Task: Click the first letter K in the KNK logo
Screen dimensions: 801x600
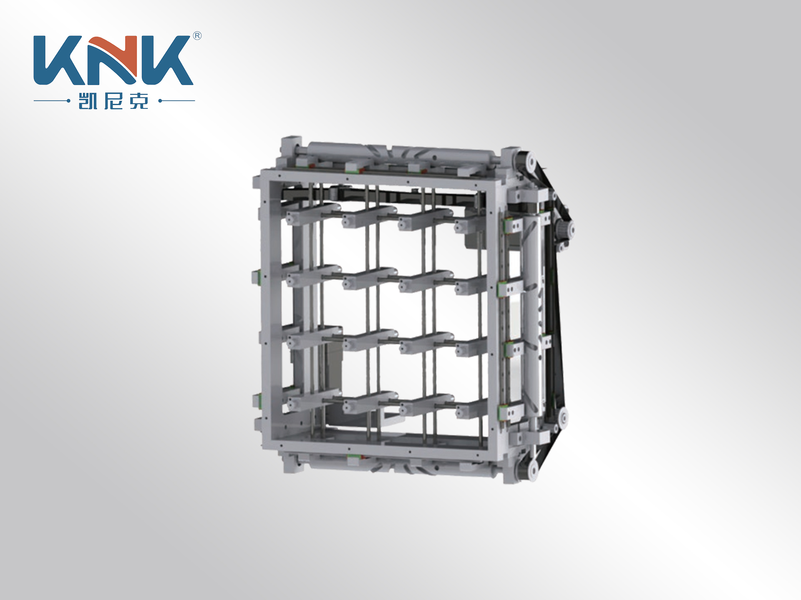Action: (x=58, y=60)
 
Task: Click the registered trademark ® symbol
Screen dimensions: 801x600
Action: (x=197, y=36)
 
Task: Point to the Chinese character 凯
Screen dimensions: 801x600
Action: (x=88, y=101)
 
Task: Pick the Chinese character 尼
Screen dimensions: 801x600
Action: (x=113, y=101)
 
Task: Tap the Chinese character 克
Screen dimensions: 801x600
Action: (x=139, y=101)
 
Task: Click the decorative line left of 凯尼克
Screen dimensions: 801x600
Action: (x=52, y=100)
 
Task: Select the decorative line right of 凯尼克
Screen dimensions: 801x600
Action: (x=177, y=100)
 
